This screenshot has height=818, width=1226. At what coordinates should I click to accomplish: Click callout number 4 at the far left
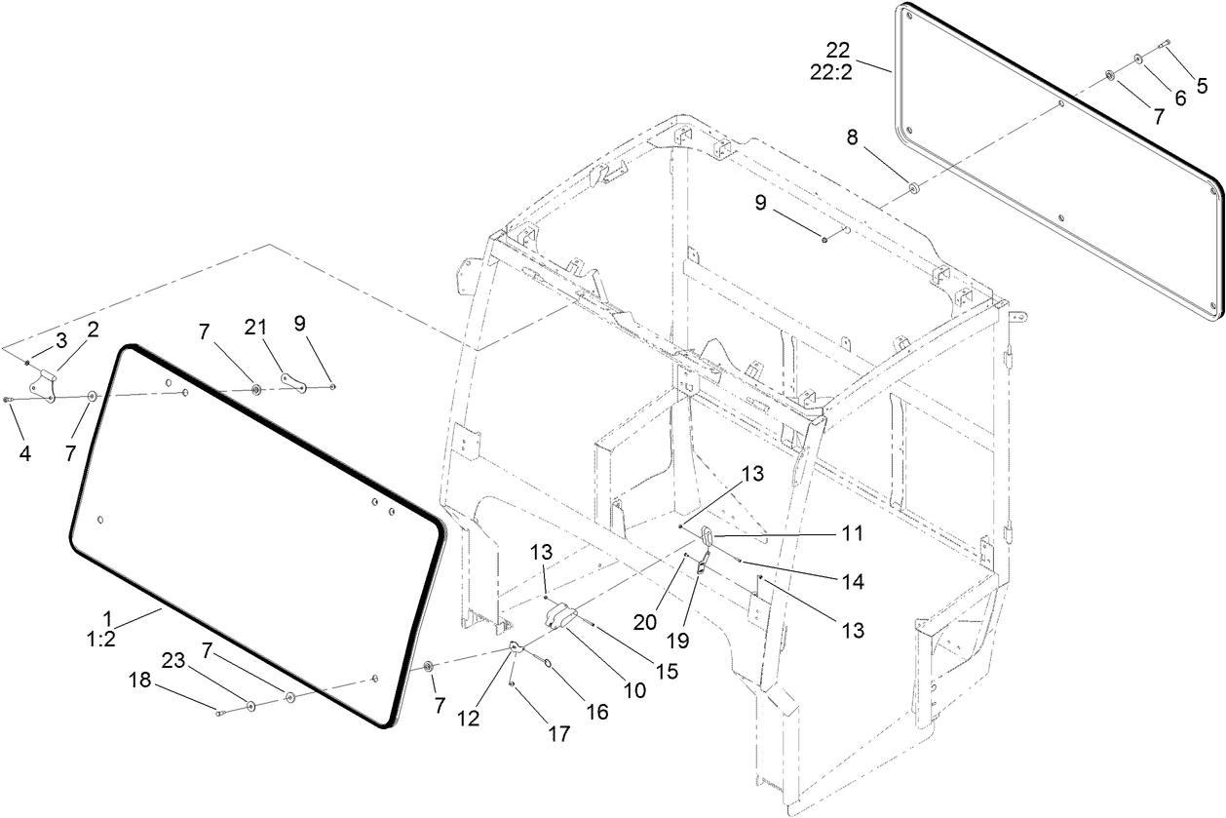click(x=24, y=453)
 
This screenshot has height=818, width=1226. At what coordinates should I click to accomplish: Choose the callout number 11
click(x=853, y=534)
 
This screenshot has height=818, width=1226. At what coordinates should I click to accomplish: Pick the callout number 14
click(x=854, y=581)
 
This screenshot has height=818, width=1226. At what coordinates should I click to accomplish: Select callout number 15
click(x=669, y=672)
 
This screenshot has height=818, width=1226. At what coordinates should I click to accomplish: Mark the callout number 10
click(x=634, y=690)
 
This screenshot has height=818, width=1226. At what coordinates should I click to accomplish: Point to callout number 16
click(x=595, y=712)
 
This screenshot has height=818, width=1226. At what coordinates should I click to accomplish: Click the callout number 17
click(x=558, y=734)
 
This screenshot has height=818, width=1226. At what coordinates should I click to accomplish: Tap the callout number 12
click(x=470, y=719)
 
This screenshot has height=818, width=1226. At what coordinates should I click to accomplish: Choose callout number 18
click(x=141, y=681)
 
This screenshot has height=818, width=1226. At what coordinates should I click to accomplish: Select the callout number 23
click(x=172, y=659)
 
